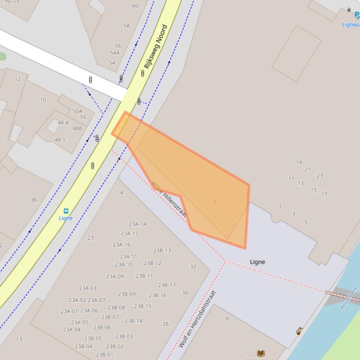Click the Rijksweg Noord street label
[x=156, y=47]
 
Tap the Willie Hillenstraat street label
[x=169, y=200]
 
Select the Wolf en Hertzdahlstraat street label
[x=198, y=319]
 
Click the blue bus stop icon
[x=66, y=211]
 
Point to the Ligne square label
[x=257, y=262]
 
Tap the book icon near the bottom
[x=261, y=353]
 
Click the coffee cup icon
[x=299, y=331]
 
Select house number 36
[x=34, y=200]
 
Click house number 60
[x=135, y=6]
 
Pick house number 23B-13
[x=162, y=251]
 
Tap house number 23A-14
[x=137, y=224]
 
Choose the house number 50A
[x=77, y=111]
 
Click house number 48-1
[x=60, y=140]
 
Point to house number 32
[x=193, y=267]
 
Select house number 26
[x=165, y=324]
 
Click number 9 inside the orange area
[x=215, y=202]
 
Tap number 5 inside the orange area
[x=173, y=161]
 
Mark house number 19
[x=299, y=163]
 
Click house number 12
[x=17, y=79]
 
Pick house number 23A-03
[x=88, y=288]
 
